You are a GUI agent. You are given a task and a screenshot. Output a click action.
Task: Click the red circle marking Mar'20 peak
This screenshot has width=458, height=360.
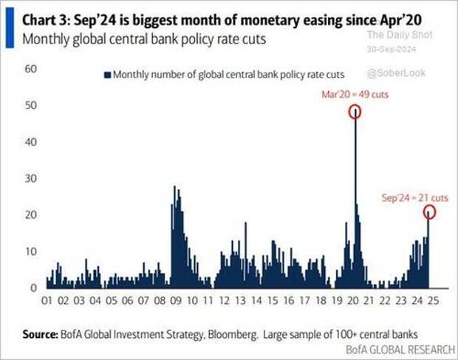pyautogui.click(x=355, y=112)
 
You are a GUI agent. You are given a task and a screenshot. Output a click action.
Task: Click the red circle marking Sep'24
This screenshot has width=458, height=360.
pyautogui.click(x=430, y=212)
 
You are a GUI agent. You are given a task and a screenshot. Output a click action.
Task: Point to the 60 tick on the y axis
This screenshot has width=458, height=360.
pyautogui.click(x=31, y=69)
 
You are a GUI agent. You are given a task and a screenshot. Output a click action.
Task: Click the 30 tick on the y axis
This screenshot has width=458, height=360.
pyautogui.click(x=31, y=179)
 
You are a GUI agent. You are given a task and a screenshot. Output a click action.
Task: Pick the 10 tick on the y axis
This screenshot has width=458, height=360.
pyautogui.click(x=31, y=251)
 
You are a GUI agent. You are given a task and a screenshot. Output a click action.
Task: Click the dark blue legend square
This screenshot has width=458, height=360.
pyautogui.click(x=108, y=75)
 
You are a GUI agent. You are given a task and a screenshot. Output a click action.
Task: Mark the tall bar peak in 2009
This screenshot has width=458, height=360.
pyautogui.click(x=174, y=188)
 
